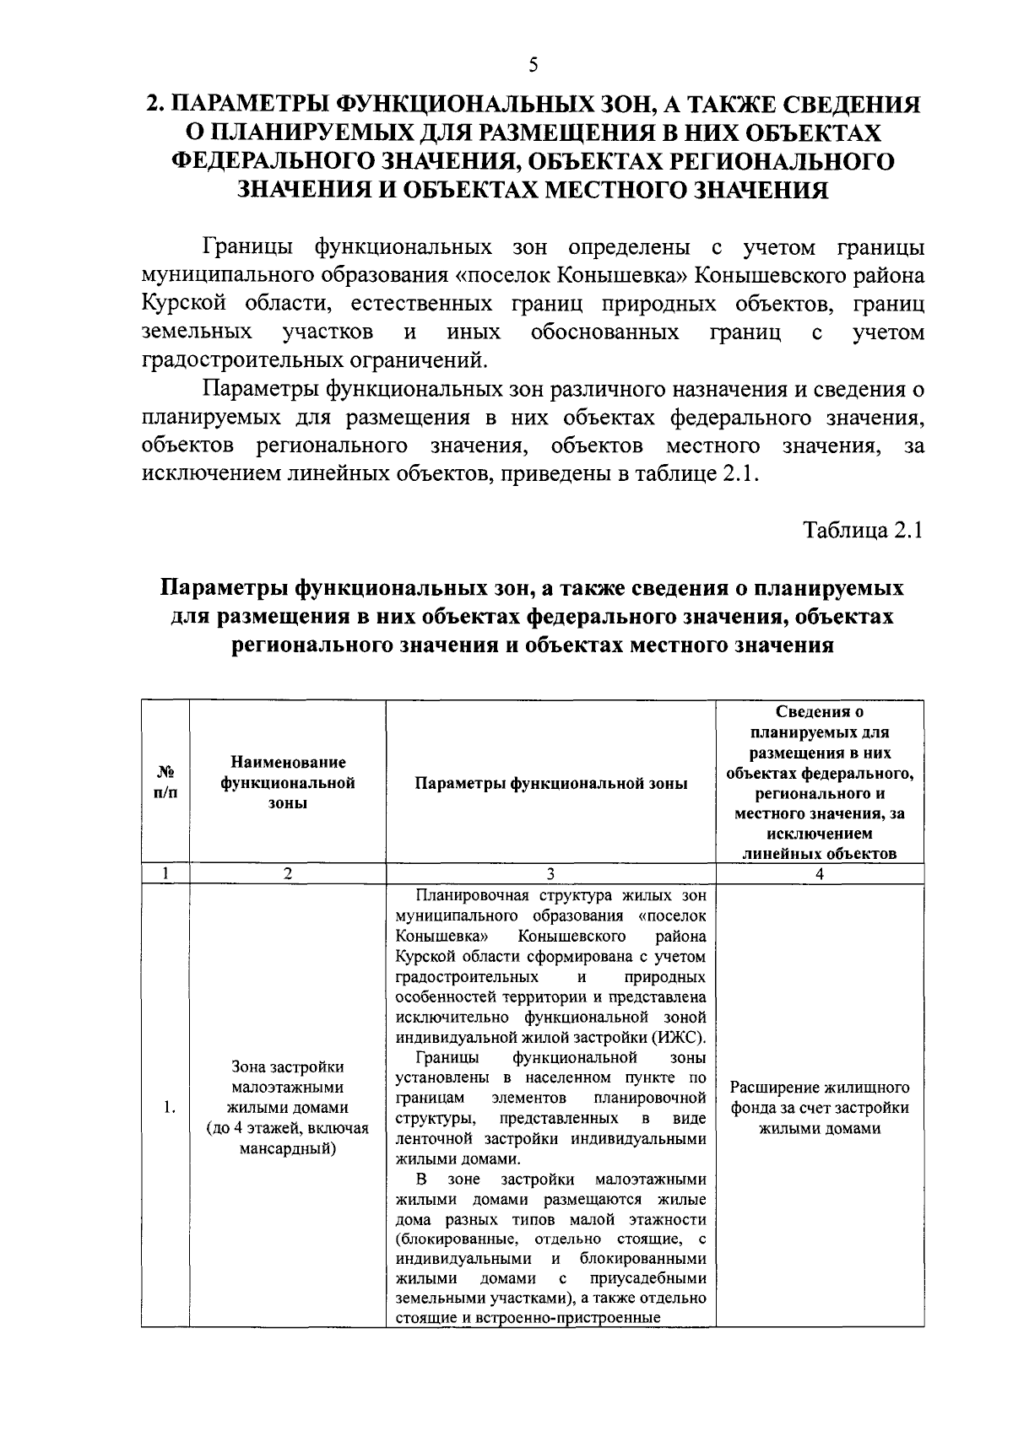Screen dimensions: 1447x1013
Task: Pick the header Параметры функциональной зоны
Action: pos(550,783)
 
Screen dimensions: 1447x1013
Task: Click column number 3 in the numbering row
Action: pos(550,874)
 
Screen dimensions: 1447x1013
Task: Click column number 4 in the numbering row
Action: pos(819,874)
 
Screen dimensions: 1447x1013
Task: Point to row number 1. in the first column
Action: pos(170,1108)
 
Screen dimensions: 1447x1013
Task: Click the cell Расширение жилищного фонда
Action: pos(819,1107)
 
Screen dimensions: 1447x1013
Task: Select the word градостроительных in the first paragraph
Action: pos(239,360)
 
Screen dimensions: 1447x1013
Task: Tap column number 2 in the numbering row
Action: pos(288,874)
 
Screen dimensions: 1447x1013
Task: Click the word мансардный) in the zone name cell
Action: pos(288,1147)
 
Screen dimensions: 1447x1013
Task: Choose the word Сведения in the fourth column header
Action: pos(819,713)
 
